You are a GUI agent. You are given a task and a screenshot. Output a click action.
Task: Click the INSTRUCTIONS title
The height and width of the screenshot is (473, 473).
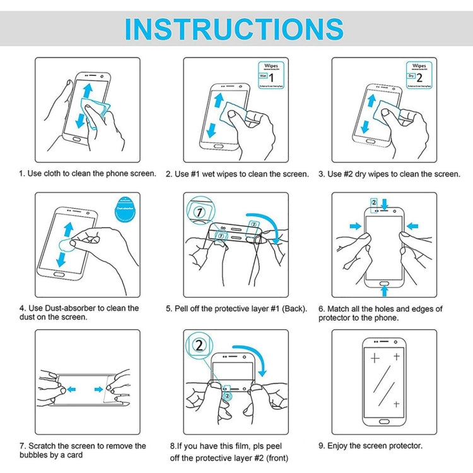234,29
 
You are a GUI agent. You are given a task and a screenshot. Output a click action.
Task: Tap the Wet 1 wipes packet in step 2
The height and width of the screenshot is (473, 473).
269,75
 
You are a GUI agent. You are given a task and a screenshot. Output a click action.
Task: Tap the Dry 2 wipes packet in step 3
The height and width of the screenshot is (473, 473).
418,75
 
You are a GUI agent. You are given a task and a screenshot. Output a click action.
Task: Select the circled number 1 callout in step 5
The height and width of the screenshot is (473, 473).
198,213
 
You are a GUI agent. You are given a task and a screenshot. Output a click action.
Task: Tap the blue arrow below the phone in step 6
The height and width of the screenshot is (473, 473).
384,291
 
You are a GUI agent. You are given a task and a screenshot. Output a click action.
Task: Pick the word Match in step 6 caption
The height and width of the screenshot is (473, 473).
340,308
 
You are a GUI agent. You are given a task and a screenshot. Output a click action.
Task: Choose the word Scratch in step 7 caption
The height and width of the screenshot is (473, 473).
44,446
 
